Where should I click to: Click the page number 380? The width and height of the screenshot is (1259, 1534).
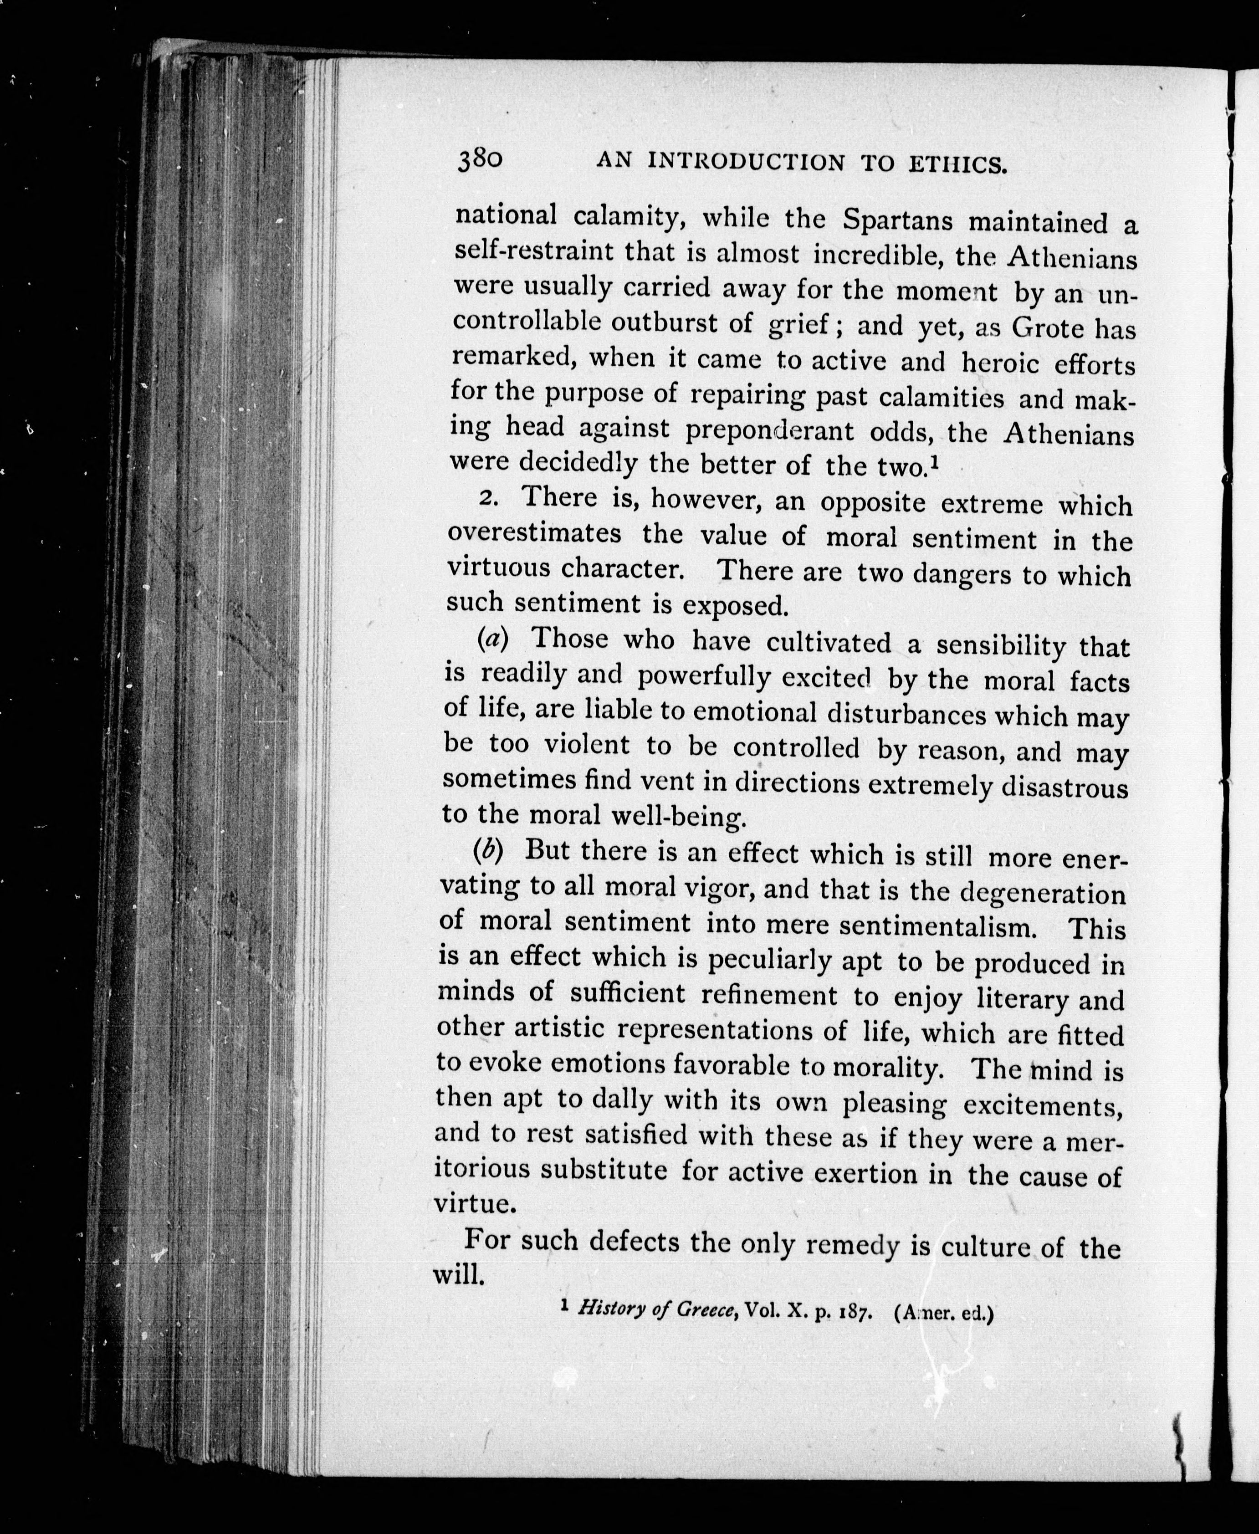[x=479, y=159]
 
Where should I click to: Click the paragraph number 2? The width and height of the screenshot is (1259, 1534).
[x=490, y=499]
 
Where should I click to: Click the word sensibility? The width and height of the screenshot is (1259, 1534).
[x=1001, y=645]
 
